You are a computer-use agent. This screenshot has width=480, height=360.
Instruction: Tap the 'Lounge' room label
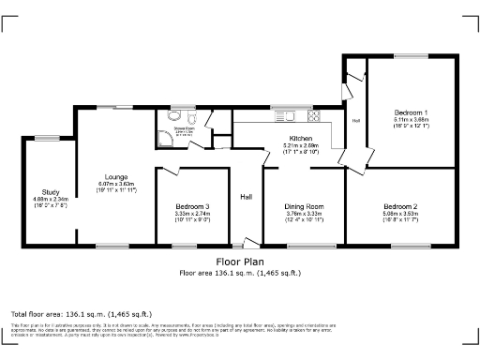[117, 175]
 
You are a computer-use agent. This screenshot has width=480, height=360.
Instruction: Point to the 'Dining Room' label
[305, 206]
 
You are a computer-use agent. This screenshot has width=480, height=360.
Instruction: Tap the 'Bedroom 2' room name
[400, 206]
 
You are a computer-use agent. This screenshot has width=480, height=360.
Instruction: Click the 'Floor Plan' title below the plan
[239, 262]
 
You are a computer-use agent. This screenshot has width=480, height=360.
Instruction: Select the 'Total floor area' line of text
[76, 313]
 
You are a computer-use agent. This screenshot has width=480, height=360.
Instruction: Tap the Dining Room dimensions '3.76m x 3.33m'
[305, 214]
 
